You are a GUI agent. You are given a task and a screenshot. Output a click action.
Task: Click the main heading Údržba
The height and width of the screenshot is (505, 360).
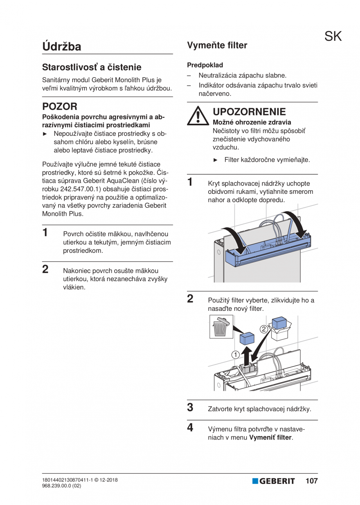click(62, 46)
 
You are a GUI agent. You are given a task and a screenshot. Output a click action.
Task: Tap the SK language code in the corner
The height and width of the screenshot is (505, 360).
click(333, 36)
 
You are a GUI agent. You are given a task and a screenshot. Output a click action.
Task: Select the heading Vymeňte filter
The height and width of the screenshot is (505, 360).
click(217, 45)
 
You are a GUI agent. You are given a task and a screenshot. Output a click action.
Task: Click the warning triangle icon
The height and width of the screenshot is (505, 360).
click(198, 116)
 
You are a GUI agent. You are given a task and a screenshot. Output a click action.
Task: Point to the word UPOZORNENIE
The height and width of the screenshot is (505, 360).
click(249, 112)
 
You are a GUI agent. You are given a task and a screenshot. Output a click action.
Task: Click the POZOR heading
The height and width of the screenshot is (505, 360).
click(59, 106)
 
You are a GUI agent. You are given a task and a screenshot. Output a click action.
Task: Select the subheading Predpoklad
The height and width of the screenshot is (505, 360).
click(205, 65)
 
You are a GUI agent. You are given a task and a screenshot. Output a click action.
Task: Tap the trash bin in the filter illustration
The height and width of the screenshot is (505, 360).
click(221, 327)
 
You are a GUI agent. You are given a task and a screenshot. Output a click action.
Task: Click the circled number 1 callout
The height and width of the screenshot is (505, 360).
click(235, 355)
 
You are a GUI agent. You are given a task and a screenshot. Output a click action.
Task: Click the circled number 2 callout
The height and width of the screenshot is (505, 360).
click(264, 329)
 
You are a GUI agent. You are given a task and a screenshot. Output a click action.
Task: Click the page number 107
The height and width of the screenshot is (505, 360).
click(311, 481)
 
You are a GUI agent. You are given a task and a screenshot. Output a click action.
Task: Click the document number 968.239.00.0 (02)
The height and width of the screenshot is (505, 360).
click(61, 486)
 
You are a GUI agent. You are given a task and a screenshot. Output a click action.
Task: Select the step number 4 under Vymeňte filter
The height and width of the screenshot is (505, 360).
click(190, 427)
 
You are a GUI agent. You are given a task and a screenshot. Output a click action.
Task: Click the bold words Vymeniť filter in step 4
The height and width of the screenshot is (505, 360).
click(270, 438)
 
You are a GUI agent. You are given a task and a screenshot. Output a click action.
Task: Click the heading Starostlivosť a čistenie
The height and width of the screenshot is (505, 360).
click(92, 67)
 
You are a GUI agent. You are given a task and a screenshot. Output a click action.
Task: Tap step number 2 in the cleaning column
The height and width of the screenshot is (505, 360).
click(45, 269)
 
